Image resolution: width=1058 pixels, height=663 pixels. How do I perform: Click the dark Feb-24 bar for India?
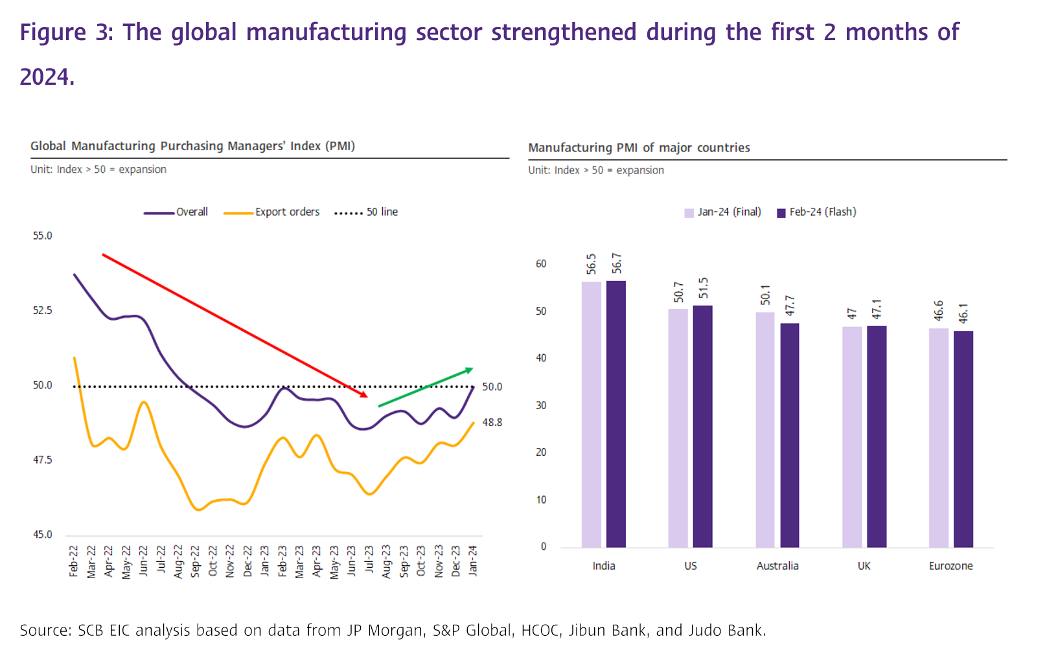pos(616,414)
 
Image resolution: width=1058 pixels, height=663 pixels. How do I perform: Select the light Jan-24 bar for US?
pos(678,428)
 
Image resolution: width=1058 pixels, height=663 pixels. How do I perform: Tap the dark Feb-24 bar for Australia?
pos(789,435)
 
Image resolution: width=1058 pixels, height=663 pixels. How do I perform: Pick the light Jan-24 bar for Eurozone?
pos(938,438)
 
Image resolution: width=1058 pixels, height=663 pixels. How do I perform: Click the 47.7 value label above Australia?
pos(790,306)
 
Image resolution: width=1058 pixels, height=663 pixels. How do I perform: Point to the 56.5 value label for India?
pos(591,264)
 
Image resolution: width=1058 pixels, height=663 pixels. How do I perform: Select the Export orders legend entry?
pos(271,212)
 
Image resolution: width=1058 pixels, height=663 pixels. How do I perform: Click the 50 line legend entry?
pos(366,212)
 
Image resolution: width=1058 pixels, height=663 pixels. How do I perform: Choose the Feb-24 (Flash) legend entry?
pos(816,212)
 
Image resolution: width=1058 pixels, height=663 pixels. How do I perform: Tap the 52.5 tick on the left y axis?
pos(42,311)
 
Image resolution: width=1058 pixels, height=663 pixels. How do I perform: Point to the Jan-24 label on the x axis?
pos(473,561)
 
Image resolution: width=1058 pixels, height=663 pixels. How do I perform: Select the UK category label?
pos(864,566)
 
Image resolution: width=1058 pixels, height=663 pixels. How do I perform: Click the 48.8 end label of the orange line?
pos(492,422)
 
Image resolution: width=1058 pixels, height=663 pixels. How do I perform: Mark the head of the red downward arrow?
pos(365,394)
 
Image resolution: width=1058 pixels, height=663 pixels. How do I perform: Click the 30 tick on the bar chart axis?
pos(541,405)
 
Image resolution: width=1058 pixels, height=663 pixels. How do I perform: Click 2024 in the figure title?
pos(46,77)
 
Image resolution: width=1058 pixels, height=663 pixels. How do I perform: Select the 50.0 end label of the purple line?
pos(492,387)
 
